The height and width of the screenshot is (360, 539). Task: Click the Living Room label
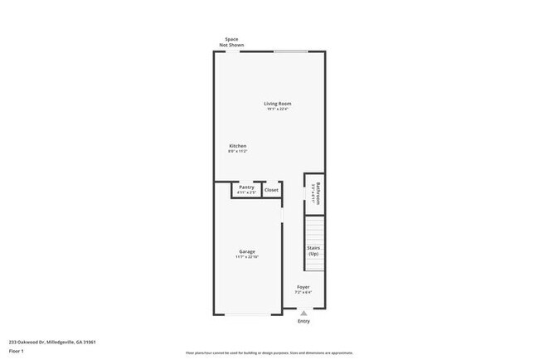(x=278, y=104)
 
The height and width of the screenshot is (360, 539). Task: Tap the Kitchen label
(x=238, y=146)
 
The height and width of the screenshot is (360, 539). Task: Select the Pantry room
(x=246, y=190)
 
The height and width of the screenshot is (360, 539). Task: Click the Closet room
(x=271, y=190)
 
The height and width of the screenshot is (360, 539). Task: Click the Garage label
(x=247, y=251)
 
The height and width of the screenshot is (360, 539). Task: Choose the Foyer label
(x=303, y=287)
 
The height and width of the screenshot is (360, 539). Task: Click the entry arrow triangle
(x=303, y=314)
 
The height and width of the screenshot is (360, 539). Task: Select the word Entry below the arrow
(x=303, y=322)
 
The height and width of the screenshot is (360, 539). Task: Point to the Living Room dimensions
(x=278, y=109)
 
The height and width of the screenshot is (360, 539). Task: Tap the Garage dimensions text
(x=247, y=257)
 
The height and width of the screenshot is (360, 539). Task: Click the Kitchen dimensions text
(x=238, y=152)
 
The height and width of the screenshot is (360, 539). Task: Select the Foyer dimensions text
(x=303, y=293)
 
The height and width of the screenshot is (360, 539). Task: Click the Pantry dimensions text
(x=246, y=193)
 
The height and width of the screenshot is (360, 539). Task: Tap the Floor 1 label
(x=17, y=352)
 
